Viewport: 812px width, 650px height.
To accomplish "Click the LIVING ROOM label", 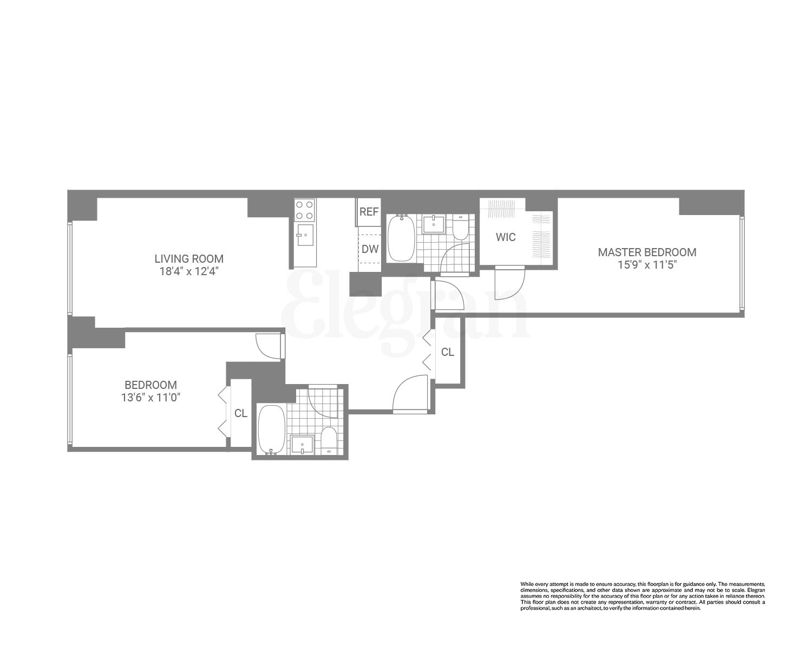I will pos(189,259).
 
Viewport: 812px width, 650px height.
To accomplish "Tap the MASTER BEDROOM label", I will pos(647,252).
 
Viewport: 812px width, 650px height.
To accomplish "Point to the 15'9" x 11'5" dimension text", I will pos(647,265).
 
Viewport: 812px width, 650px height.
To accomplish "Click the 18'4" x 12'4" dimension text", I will pos(189,271).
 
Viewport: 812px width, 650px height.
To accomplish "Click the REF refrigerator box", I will pos(369,212).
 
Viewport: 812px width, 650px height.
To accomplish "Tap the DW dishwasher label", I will pos(370,249).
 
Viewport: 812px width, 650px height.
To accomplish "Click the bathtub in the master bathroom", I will pos(401,238).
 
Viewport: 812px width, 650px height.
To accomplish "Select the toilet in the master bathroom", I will pos(461,227).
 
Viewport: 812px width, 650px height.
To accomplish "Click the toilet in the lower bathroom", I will pos(329,440).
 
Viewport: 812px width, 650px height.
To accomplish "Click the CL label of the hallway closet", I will pos(447,352).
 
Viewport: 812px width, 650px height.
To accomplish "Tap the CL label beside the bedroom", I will pos(241,413).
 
